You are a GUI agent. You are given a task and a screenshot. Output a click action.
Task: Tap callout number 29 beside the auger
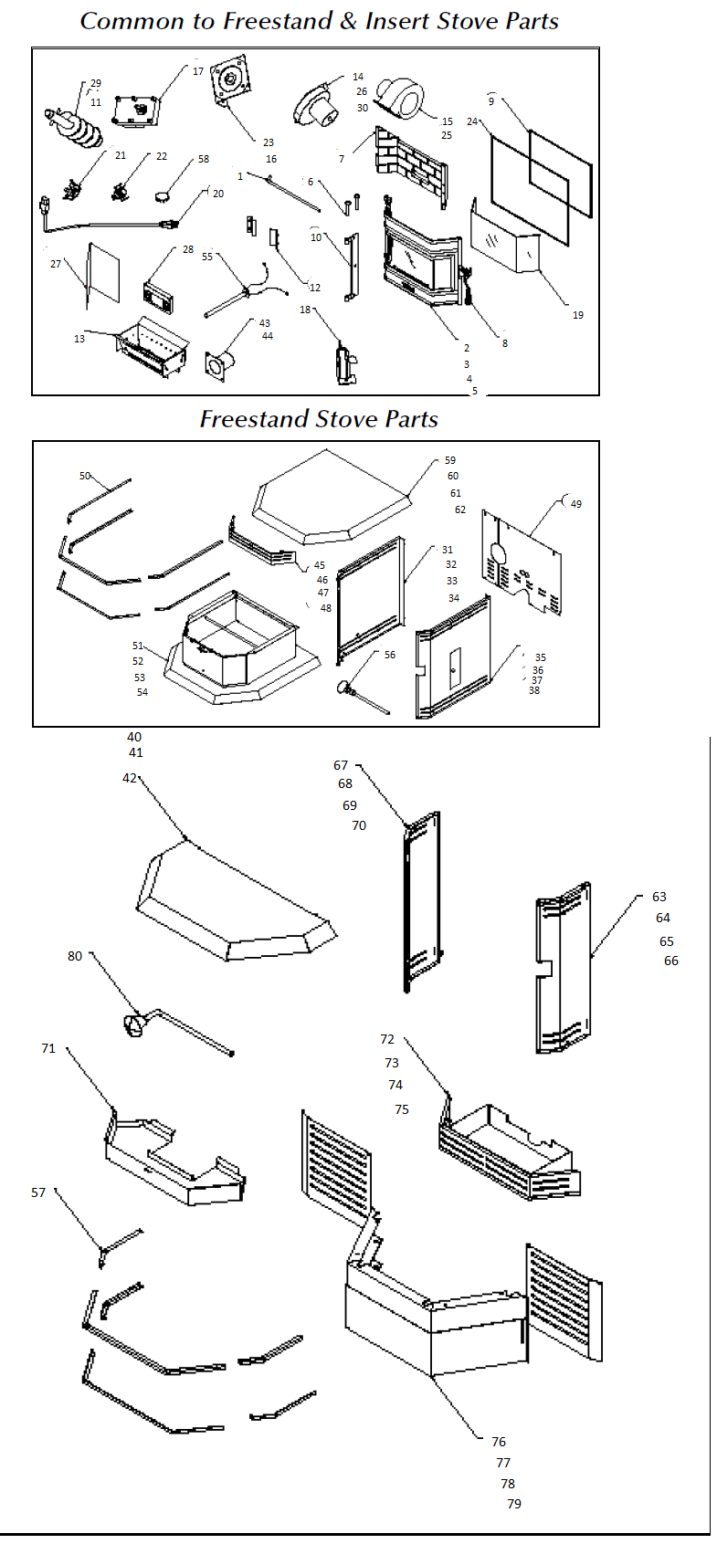point(96,84)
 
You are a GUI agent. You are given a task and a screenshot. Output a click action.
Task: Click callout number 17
point(198,71)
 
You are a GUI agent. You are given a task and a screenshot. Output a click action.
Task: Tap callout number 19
point(578,315)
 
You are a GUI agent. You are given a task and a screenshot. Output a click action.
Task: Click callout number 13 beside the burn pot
point(79,339)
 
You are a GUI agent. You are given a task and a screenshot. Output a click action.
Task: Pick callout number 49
point(575,504)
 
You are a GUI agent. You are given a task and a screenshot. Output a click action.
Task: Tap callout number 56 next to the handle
point(390,655)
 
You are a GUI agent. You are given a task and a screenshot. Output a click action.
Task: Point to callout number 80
point(75,956)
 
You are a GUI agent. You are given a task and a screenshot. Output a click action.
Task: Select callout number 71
point(48,1048)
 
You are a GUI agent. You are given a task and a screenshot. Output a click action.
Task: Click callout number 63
point(659,897)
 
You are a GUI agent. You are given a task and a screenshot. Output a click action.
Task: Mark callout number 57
point(38,1192)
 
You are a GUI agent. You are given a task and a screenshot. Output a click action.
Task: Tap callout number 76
point(499,1442)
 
